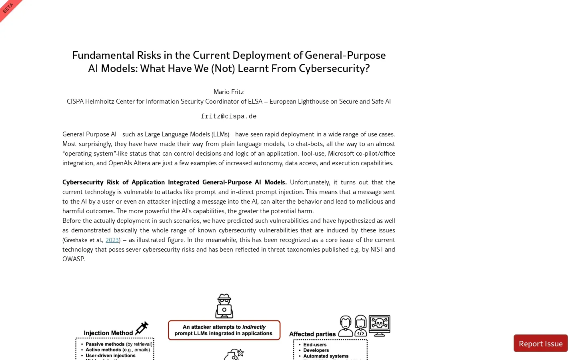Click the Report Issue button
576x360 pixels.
[x=540, y=344]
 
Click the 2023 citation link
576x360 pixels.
[x=112, y=240]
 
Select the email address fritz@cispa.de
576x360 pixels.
[x=228, y=116]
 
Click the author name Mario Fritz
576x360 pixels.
[x=228, y=92]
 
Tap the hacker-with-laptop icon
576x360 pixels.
[x=224, y=306]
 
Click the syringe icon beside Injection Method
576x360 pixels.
[x=142, y=328]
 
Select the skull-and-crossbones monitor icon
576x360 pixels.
[x=379, y=325]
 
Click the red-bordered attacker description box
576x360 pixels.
[x=224, y=330]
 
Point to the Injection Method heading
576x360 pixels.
[x=108, y=333]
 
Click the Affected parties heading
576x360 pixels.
[x=312, y=334]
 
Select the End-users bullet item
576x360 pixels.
[x=315, y=344]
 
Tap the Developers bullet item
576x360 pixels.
[x=316, y=350]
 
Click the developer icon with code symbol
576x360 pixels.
[x=360, y=326]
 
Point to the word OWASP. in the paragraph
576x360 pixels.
[x=74, y=259]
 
